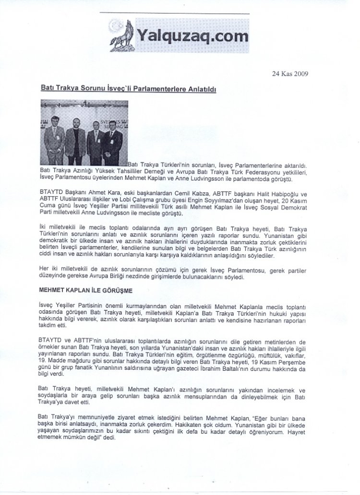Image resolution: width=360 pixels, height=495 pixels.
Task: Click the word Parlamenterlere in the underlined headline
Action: click(144, 89)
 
